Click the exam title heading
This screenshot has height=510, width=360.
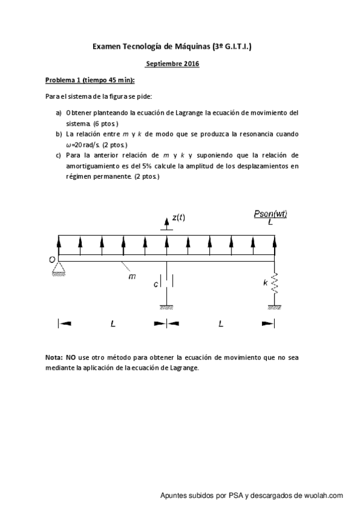(172, 45)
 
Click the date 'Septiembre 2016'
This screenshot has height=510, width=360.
(172, 63)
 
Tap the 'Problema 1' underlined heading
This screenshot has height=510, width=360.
(90, 80)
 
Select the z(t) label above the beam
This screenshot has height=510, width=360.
(178, 217)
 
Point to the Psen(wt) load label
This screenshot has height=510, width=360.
(270, 214)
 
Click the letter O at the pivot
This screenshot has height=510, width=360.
(52, 260)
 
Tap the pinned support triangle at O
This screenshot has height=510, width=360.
(59, 268)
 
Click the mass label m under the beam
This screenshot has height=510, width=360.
(132, 277)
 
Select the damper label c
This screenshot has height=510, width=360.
(155, 283)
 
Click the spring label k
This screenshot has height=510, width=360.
(265, 282)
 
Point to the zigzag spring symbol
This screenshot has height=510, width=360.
(275, 282)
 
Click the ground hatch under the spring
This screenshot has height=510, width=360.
(275, 307)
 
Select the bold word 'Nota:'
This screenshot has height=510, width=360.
(55, 357)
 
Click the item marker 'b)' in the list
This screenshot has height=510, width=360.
(59, 134)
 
